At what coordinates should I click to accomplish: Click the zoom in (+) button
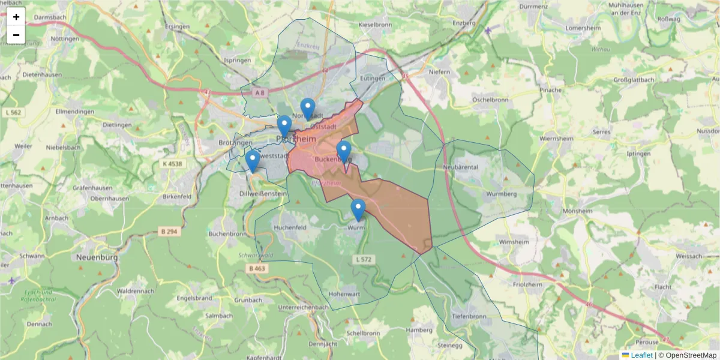click(x=16, y=17)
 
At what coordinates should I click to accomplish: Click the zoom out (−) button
click(x=16, y=35)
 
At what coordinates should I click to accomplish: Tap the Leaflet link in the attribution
click(x=641, y=355)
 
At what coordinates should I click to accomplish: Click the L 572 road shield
click(x=363, y=259)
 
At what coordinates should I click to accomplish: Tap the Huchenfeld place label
click(x=290, y=228)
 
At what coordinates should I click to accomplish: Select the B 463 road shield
click(x=256, y=269)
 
